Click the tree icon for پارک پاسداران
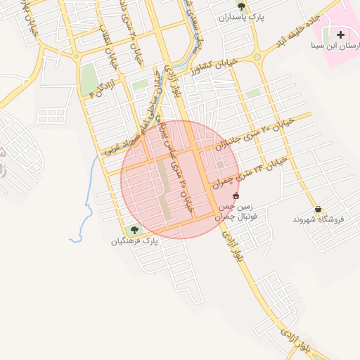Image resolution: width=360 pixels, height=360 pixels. tap(242, 6)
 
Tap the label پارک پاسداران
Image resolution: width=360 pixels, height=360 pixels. tap(242, 18)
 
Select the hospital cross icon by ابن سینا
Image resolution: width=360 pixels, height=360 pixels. tap(341, 34)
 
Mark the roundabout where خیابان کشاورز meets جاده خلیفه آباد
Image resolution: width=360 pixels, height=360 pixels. tap(257, 57)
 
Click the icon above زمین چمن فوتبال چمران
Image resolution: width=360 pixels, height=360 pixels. tap(235, 195)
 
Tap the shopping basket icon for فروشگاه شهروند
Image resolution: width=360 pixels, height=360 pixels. tap(319, 209)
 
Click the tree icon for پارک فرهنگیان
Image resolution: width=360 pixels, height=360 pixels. tap(134, 229)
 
